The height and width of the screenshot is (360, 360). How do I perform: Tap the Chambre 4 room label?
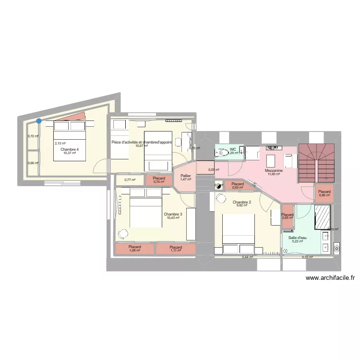pyautogui.click(x=70, y=149)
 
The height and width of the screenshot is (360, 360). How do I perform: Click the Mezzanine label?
pyautogui.click(x=274, y=170)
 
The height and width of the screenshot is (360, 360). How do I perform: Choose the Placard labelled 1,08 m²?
pyautogui.click(x=135, y=249)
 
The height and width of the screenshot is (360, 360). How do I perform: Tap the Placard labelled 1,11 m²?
pyautogui.click(x=176, y=249)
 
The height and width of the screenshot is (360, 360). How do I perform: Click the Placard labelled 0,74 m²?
pyautogui.click(x=159, y=180)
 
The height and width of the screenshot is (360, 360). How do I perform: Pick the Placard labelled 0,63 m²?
pyautogui.click(x=238, y=185)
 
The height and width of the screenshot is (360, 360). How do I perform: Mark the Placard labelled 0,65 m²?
pyautogui.click(x=288, y=216)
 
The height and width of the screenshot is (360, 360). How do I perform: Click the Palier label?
pyautogui.click(x=186, y=176)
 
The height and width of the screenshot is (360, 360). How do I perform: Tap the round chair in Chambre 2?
pyautogui.click(x=222, y=197)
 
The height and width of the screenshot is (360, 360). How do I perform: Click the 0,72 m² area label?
pyautogui.click(x=33, y=136)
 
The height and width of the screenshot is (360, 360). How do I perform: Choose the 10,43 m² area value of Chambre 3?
pyautogui.click(x=173, y=218)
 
